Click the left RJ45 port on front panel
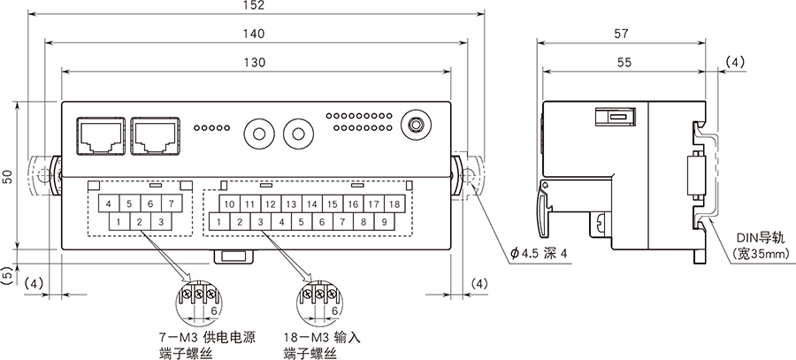point(100,134)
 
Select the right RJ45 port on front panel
point(155,134)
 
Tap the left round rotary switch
point(259,135)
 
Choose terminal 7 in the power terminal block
point(172,204)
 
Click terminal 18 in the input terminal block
point(394,204)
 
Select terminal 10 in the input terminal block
point(228,204)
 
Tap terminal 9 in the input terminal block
point(385,222)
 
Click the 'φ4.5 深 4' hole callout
point(540,255)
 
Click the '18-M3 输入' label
point(323,338)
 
